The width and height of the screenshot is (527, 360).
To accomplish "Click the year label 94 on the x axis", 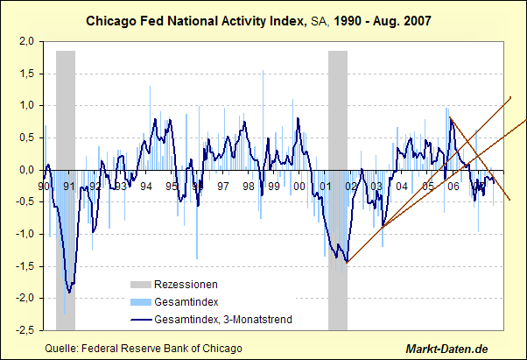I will [146, 187].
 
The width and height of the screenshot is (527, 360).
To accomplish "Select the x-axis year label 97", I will [223, 187].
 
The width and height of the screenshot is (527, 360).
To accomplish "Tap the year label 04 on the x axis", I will [402, 187].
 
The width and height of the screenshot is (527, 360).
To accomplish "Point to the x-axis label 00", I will [299, 187].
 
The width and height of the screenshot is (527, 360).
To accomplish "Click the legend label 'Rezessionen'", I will [186, 285].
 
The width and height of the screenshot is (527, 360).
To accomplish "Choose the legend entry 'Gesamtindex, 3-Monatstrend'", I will [222, 320].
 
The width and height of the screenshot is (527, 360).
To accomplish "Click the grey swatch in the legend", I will [139, 285].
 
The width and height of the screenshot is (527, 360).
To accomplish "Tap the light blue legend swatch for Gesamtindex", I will [139, 302].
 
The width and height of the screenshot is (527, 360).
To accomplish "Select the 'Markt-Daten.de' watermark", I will [466, 348].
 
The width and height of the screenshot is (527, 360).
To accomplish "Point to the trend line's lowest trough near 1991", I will [69, 293].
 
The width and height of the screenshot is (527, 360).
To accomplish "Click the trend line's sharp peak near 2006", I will [450, 118].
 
